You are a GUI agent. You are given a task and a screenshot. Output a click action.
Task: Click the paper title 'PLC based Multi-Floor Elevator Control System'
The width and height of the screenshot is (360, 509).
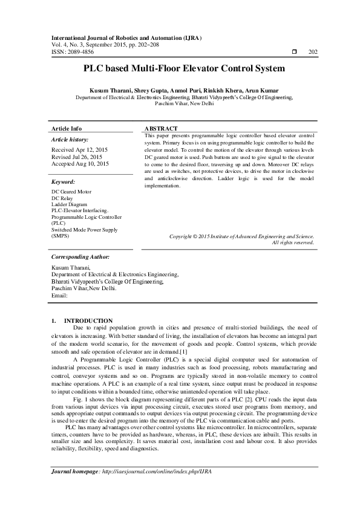[x=180, y=68]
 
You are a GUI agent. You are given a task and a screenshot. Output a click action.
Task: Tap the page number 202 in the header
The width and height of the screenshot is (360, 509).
[x=313, y=53]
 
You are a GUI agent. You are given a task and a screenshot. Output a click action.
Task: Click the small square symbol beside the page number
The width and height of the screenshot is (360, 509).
[x=293, y=53]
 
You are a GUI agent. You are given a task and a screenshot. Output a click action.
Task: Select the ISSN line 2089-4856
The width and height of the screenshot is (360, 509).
[x=68, y=53]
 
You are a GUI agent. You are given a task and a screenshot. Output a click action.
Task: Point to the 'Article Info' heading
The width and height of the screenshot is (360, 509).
[x=67, y=129]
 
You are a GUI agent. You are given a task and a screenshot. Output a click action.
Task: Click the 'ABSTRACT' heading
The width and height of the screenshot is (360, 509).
[x=162, y=129]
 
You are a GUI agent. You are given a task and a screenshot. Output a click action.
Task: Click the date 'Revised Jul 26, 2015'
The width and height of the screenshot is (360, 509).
[x=77, y=156]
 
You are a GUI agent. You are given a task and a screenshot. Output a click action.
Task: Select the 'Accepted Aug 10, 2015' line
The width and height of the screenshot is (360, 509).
[x=80, y=163]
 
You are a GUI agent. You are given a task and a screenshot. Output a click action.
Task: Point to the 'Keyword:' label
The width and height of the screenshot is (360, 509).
[x=63, y=181]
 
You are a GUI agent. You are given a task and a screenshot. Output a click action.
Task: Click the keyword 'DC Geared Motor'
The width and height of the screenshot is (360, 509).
[x=72, y=192]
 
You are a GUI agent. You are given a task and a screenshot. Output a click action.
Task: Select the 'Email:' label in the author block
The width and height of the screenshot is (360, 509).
[x=59, y=296]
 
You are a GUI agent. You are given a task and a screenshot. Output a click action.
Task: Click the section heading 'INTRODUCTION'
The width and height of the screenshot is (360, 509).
[x=88, y=320]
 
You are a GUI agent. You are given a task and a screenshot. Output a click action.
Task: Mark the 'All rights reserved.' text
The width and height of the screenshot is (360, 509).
[x=293, y=242]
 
